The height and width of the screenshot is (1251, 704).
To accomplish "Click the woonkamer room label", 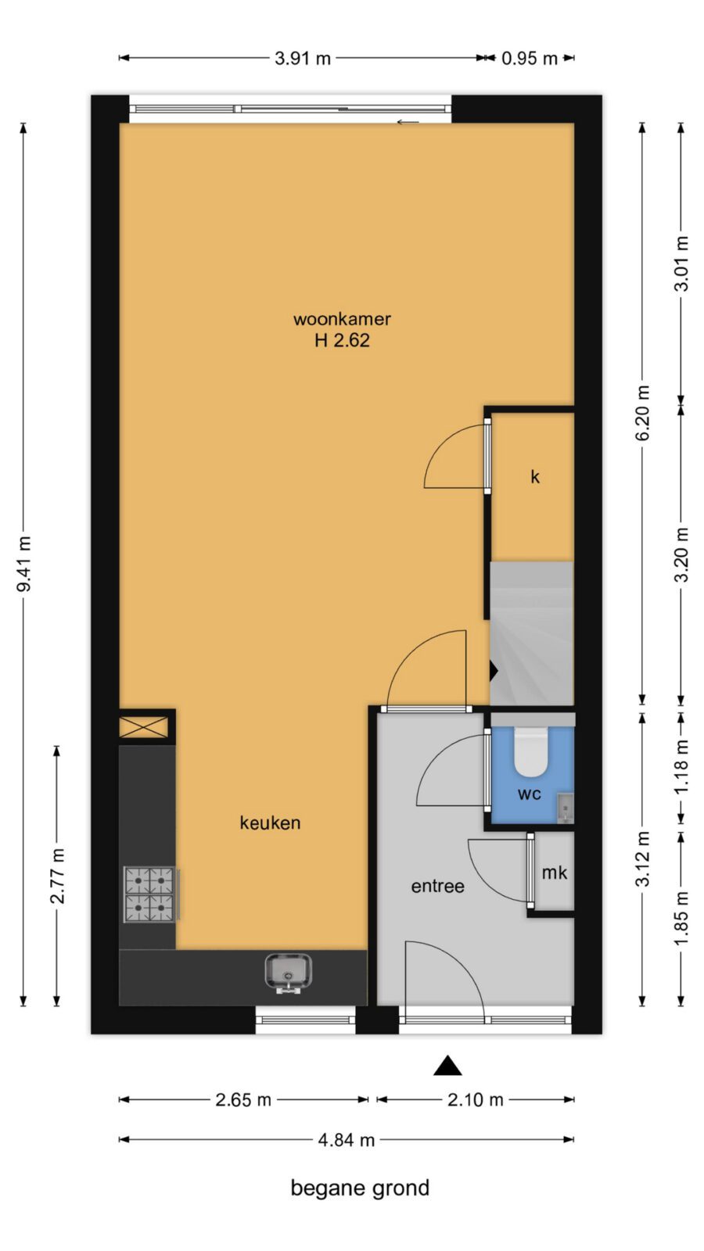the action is coord(342,320).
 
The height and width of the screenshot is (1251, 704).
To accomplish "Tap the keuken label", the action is coord(271,823).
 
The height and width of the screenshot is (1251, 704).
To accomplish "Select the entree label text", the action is coord(437,887).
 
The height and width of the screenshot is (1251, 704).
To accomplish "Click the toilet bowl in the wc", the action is coord(530,751).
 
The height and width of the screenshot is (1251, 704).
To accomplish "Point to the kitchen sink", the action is coord(289,973).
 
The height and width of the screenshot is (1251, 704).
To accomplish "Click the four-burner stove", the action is coord(149,894).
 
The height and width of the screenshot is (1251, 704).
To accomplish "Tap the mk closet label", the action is coord(555,873).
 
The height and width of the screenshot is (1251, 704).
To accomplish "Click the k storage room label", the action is coord(535,477).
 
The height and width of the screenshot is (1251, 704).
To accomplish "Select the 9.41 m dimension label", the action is coord(24,563).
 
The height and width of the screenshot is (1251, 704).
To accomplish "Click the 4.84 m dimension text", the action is coord(347,1140).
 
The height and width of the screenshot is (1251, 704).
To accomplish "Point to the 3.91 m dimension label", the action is coord(303,58).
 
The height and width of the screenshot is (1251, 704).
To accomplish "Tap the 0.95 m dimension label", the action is coord(529,58).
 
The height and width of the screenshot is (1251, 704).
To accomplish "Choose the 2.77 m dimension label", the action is coord(58,876).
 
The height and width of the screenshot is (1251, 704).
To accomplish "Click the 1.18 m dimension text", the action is coord(681,767).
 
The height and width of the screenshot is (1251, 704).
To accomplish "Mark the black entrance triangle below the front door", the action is coord(448,1066).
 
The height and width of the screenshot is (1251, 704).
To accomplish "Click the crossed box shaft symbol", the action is coord(144,727).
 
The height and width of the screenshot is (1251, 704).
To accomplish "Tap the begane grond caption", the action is coord(360,1188).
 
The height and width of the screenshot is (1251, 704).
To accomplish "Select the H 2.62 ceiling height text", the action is coord(342,340).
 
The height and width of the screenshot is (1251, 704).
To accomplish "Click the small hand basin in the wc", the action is coord(566,808).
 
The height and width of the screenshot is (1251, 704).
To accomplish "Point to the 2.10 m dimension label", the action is coord(476,1099).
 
